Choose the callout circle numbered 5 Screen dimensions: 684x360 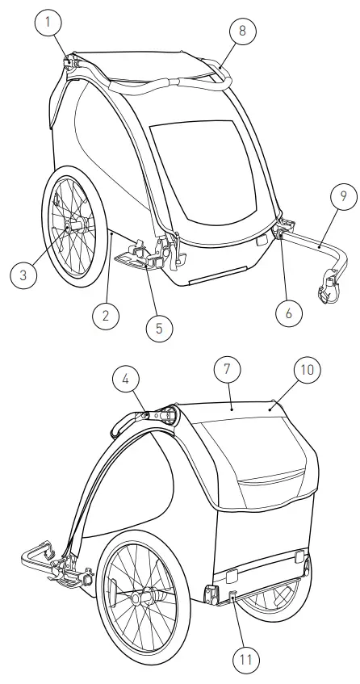[x=158, y=328]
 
